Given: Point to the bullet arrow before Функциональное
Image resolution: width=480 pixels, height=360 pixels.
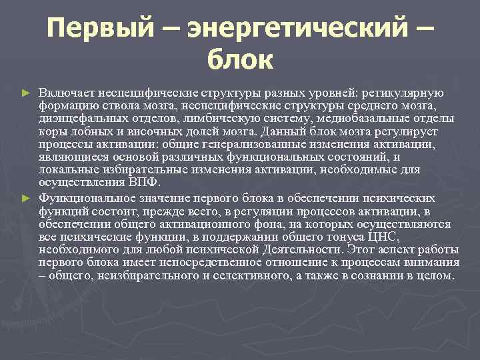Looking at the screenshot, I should click(x=26, y=199).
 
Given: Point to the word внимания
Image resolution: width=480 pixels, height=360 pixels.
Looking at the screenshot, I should click(x=432, y=263).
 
